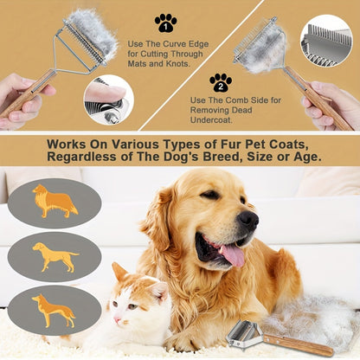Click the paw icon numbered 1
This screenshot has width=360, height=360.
(165, 22)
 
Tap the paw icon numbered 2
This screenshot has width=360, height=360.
(220, 82)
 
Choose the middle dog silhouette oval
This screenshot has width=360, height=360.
(55, 256)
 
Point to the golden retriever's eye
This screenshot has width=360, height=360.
(211, 195)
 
